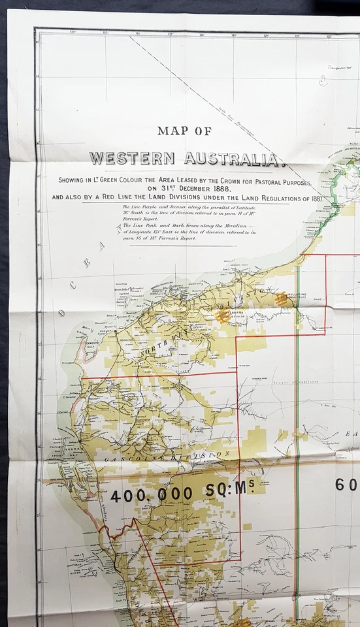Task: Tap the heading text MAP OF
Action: [x=184, y=131]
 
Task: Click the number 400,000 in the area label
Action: [x=152, y=495]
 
